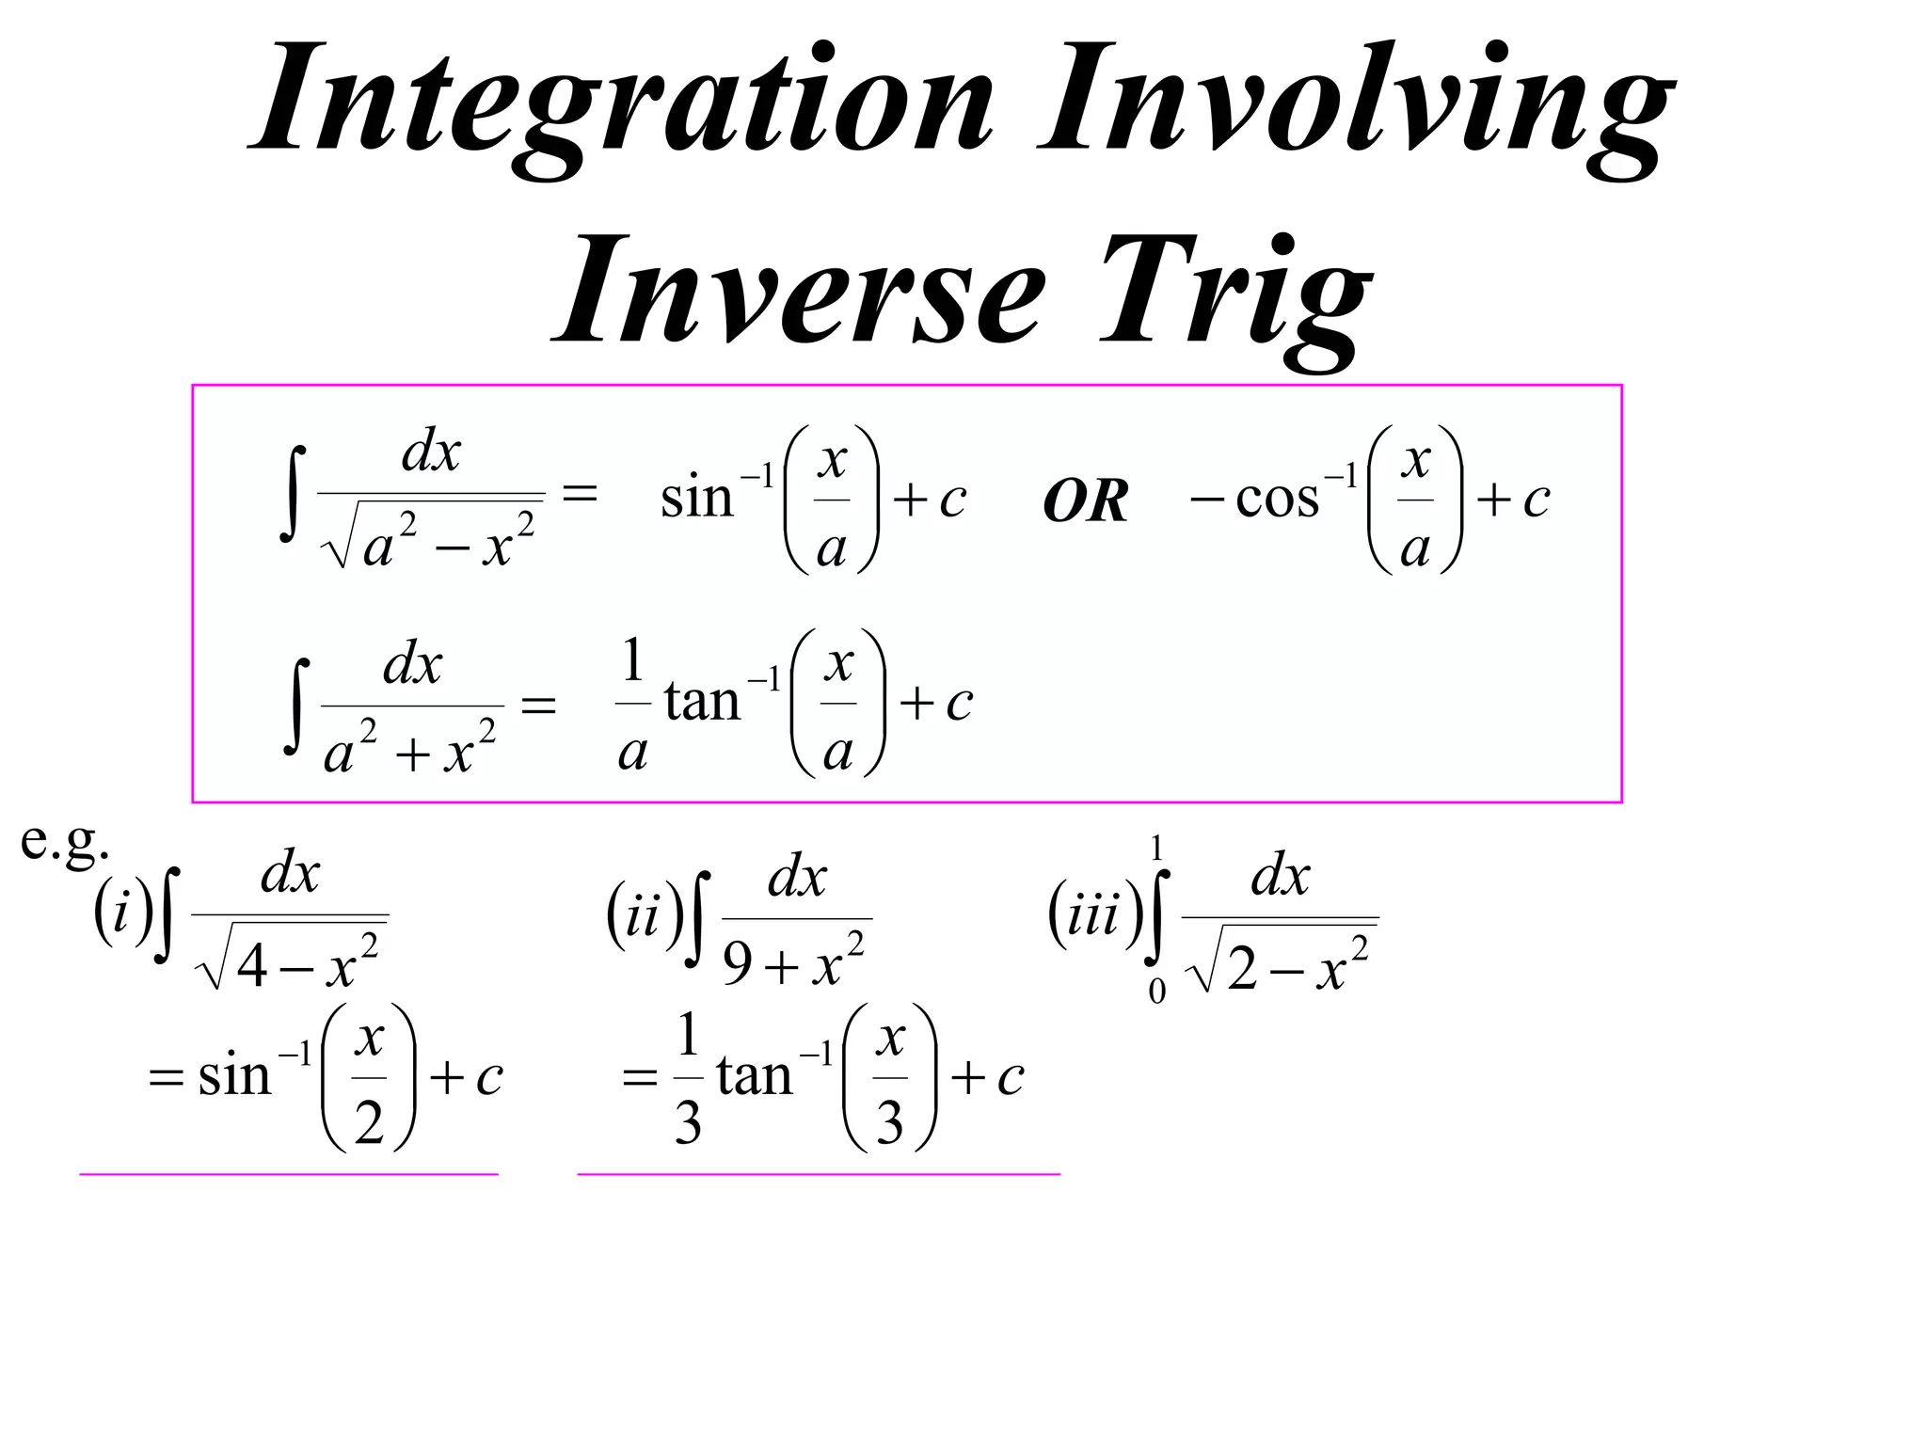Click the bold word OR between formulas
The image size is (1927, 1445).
(1085, 501)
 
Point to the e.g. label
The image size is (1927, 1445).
(64, 840)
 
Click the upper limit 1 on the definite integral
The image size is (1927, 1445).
(1156, 850)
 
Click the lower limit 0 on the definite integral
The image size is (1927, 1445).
(1156, 991)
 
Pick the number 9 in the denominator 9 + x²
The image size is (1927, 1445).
(738, 964)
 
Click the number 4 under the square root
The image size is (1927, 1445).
(252, 966)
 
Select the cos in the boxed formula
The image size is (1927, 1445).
(1277, 499)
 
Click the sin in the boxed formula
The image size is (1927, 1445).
(696, 499)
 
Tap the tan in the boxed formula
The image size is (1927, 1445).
(702, 702)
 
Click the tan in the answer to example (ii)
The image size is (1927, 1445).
(754, 1075)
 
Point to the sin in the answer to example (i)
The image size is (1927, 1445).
(233, 1075)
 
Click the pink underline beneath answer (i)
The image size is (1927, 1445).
(288, 1174)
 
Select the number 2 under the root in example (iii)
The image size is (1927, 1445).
(1241, 969)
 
